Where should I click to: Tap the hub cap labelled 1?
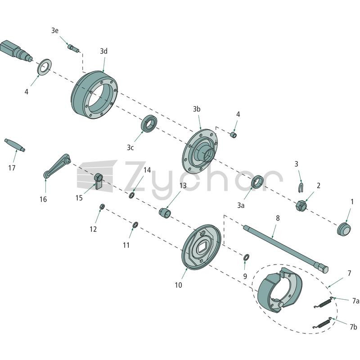pos(344,229)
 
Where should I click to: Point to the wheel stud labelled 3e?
pos(73,48)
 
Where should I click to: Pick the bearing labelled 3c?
pos(149,123)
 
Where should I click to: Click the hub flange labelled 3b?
pos(200,151)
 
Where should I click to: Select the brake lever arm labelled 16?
pos(57,166)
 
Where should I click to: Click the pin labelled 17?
pos(15,145)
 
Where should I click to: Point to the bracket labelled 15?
pos(99,181)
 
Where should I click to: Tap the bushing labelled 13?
pos(165,212)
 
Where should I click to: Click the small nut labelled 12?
pos(102,207)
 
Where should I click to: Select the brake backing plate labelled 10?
pos(201,247)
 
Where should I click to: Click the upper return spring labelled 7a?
pos(323,303)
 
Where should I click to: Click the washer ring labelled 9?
pos(246,257)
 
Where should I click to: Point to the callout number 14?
pos(147,170)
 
